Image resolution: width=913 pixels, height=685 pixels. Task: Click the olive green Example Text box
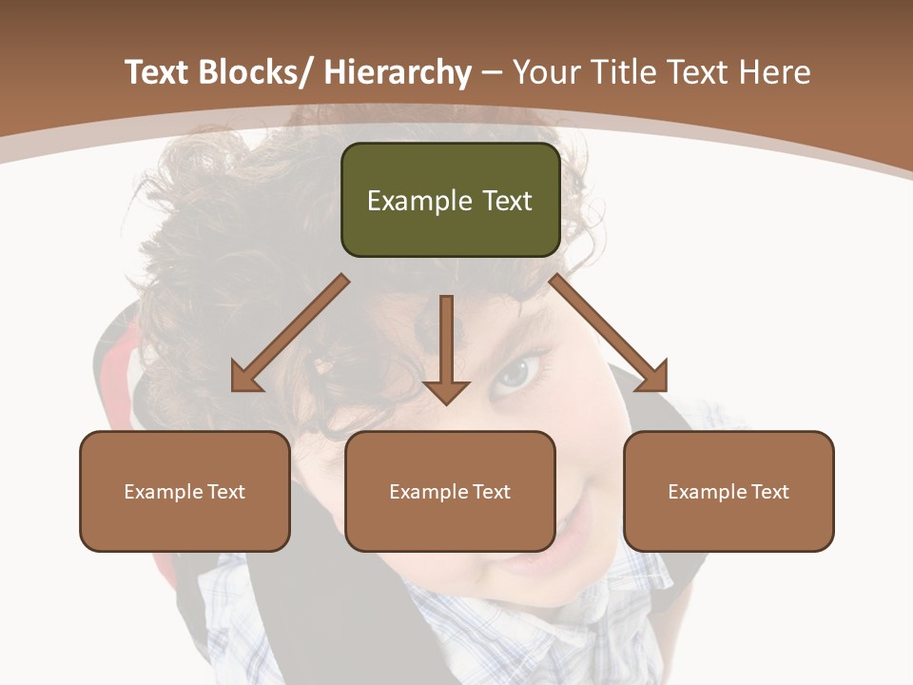[450, 200]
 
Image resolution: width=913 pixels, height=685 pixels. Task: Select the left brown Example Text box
[185, 491]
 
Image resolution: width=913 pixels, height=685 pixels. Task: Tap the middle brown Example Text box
[450, 491]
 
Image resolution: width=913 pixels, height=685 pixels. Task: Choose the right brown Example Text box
[728, 491]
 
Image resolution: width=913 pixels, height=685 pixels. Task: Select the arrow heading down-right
[609, 334]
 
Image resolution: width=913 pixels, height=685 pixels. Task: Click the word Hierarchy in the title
[398, 72]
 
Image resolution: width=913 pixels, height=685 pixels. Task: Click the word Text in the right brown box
[770, 491]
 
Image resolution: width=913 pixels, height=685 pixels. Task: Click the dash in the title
[492, 74]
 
